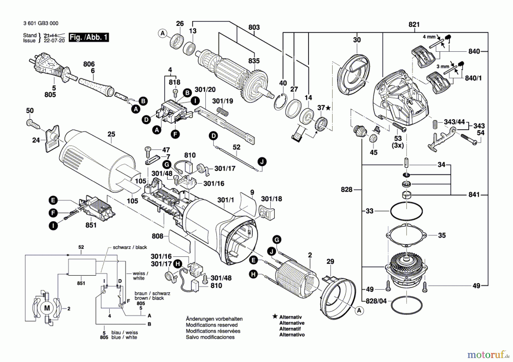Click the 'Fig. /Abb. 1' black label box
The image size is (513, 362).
89,37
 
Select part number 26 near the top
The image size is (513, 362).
180,24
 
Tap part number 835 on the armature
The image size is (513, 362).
254,61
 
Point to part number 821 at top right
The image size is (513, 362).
414,24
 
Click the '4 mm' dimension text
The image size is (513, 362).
429,37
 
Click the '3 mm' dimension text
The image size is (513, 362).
443,66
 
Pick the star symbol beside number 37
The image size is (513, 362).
328,108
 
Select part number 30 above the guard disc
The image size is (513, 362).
357,40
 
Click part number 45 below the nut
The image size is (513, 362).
373,152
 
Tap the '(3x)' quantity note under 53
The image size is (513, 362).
398,145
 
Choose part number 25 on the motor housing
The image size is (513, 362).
111,134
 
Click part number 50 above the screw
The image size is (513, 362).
30,111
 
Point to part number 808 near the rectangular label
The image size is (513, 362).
158,236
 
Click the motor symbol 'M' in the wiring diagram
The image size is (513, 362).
47,308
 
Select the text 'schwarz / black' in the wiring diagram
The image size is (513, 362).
130,247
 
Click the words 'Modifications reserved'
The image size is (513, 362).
211,325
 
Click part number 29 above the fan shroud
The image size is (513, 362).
330,261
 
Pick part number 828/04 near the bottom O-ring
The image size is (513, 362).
376,301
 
